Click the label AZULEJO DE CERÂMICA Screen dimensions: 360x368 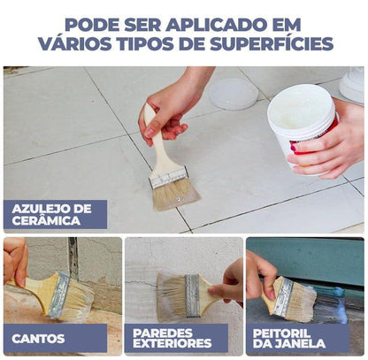[54, 215]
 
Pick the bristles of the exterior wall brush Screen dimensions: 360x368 [171, 295]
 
